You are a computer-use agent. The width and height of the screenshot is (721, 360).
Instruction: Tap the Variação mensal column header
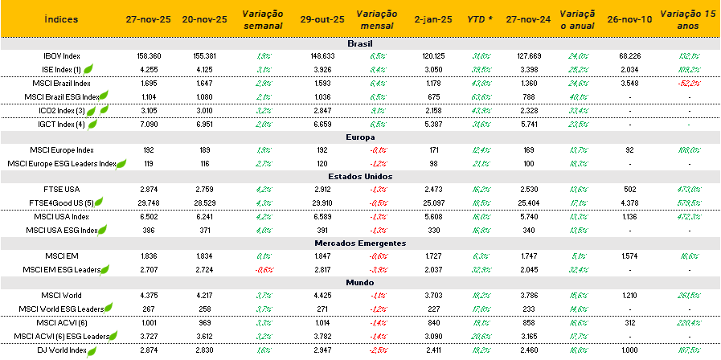pos(375,18)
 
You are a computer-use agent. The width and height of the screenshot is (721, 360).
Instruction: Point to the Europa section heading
pos(359,137)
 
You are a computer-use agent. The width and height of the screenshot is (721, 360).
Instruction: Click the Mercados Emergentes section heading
pos(359,243)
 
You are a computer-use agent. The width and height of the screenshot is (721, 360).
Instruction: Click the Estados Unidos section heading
pos(359,176)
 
